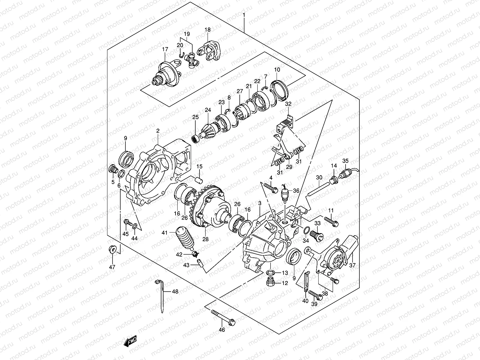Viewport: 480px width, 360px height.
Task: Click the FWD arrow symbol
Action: (x=130, y=342)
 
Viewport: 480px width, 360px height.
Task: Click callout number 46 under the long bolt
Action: (x=222, y=330)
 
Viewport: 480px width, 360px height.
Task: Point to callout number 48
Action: (x=175, y=291)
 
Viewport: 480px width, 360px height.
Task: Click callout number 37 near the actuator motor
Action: (x=352, y=265)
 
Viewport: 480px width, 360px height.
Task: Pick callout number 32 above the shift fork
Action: (x=288, y=104)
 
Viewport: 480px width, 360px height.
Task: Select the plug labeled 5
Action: (x=113, y=169)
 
